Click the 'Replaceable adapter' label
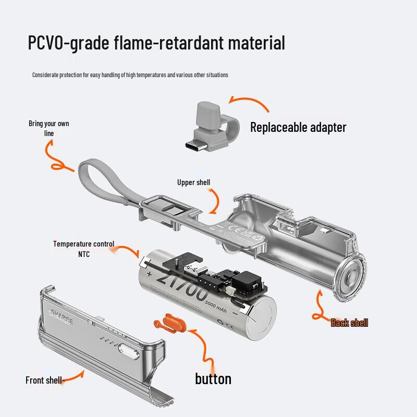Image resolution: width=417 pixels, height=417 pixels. click(x=298, y=127)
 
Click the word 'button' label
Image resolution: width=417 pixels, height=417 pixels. click(x=213, y=379)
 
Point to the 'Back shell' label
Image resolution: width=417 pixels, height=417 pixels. click(x=349, y=323)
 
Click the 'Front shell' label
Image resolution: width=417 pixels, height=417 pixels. click(x=44, y=380)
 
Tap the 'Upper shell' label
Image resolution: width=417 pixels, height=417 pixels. click(x=193, y=182)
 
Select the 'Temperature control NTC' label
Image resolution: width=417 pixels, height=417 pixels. click(x=84, y=249)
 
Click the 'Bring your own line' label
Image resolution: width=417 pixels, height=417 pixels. click(x=49, y=128)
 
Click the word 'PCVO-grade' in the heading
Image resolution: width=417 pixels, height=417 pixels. click(x=69, y=43)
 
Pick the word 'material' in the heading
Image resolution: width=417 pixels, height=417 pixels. click(x=256, y=43)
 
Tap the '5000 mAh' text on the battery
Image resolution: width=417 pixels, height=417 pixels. click(x=216, y=306)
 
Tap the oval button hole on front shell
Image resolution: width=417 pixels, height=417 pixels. click(x=129, y=351)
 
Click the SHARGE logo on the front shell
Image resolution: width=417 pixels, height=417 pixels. click(x=61, y=317)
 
